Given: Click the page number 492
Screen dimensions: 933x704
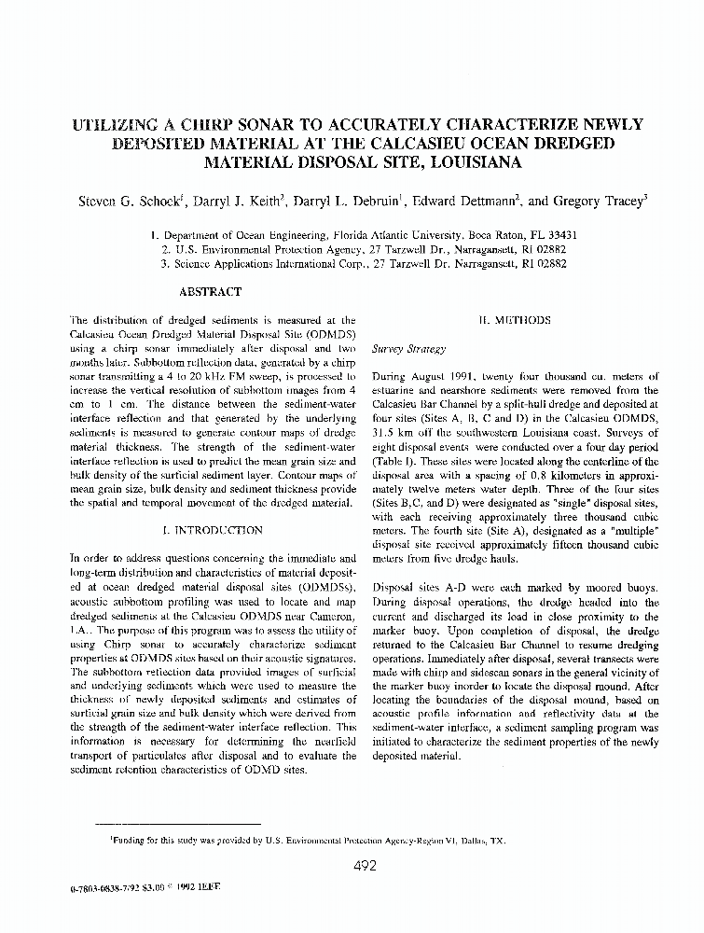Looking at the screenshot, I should (x=365, y=865).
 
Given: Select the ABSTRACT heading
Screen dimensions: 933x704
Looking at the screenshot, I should (x=209, y=292).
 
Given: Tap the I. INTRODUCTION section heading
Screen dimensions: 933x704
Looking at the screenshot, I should (x=213, y=530).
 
